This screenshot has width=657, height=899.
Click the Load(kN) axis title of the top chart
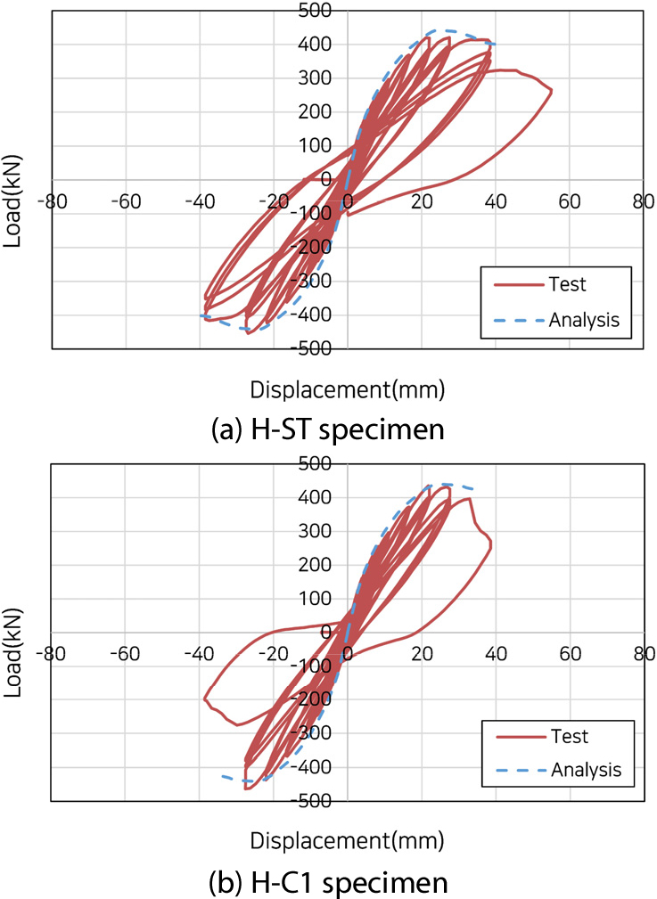pos(12,179)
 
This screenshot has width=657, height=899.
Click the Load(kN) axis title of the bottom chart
pos(12,631)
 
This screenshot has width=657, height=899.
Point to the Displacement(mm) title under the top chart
pos(347,389)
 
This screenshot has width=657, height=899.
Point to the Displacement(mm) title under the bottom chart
pos(347,840)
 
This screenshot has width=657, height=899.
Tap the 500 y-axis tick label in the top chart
pos(317,11)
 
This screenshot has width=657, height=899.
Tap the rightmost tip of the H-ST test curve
pos(552,90)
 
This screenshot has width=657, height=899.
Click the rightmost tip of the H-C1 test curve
pos(491,545)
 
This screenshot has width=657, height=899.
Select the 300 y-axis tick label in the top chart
pos(317,78)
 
